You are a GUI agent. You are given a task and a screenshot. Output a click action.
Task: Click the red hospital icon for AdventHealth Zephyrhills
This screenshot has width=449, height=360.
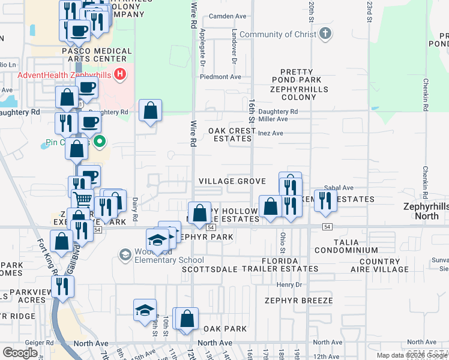click(x=121, y=74)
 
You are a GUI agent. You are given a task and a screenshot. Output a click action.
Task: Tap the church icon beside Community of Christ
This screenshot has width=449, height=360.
click(x=325, y=34)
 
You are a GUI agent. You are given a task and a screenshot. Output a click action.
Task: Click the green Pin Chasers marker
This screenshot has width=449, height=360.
click(x=100, y=142)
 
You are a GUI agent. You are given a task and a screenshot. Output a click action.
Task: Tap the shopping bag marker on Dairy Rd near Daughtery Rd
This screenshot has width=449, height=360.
click(x=150, y=111)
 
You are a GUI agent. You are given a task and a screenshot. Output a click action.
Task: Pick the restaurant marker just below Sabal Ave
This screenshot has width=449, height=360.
click(x=325, y=200)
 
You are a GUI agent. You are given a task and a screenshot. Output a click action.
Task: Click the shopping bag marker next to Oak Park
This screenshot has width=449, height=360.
click(x=187, y=319)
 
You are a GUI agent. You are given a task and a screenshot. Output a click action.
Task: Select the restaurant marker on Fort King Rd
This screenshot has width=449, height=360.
click(x=62, y=286)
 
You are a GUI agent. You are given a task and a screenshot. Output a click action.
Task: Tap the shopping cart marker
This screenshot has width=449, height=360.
click(x=83, y=200)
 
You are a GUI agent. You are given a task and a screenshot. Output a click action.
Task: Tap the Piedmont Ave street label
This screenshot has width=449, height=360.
click(x=220, y=77)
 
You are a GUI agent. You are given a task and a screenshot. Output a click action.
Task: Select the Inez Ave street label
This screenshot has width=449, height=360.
click(x=270, y=133)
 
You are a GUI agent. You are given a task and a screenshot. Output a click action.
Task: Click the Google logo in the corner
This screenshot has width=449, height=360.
click(x=20, y=352)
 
